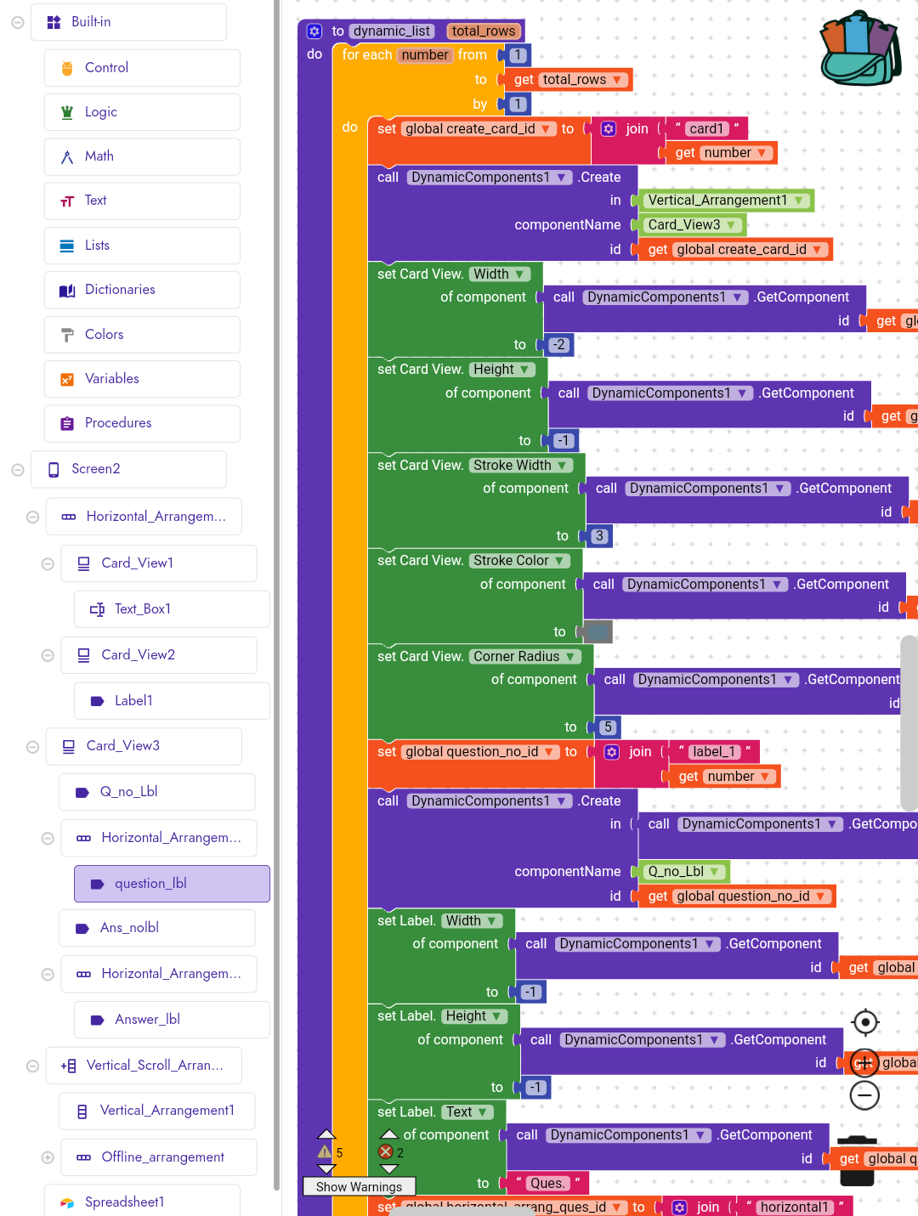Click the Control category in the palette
coord(106,68)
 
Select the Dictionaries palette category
coord(120,290)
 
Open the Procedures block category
coord(118,423)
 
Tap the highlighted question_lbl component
coord(150,884)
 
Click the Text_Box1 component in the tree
coord(143,609)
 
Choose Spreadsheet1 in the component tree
coord(124,1202)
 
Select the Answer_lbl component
coord(147,1020)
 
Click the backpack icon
coord(860,48)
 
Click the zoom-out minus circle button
coord(864,1095)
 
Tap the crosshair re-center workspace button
coord(865,1022)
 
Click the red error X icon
coord(386,1152)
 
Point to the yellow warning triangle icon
coord(325,1152)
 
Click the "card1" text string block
coord(706,129)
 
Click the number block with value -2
coord(558,345)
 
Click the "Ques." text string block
coord(547,1183)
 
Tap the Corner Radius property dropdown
coord(524,657)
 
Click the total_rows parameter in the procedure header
coord(483,31)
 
